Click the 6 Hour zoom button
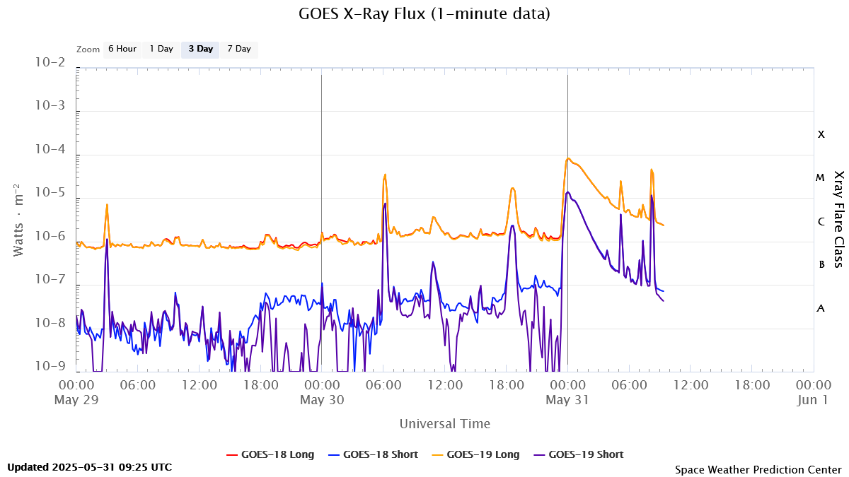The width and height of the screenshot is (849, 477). pyautogui.click(x=122, y=49)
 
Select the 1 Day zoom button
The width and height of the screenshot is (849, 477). pyautogui.click(x=161, y=49)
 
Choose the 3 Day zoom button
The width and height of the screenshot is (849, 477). pyautogui.click(x=200, y=49)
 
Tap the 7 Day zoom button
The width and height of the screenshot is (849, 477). pyautogui.click(x=239, y=49)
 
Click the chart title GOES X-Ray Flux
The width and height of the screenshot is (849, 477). pyautogui.click(x=424, y=13)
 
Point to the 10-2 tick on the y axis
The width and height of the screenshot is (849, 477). pyautogui.click(x=50, y=63)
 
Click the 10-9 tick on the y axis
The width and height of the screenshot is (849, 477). pyautogui.click(x=50, y=366)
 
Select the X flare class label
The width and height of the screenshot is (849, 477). pyautogui.click(x=821, y=134)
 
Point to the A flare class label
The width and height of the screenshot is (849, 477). pyautogui.click(x=821, y=309)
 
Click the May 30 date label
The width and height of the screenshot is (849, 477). pyautogui.click(x=322, y=400)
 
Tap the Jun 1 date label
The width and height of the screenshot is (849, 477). pyautogui.click(x=814, y=400)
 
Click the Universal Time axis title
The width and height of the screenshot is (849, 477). pyautogui.click(x=444, y=424)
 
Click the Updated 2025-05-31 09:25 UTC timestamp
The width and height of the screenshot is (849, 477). pyautogui.click(x=89, y=467)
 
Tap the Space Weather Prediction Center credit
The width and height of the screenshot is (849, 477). pyautogui.click(x=758, y=469)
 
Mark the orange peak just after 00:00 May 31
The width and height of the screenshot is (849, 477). pyautogui.click(x=568, y=159)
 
